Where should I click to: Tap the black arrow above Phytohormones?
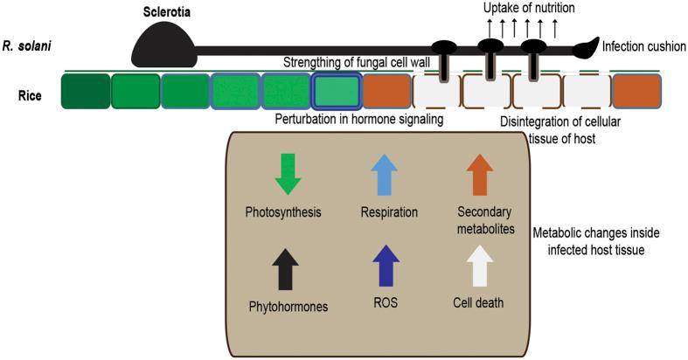tap(288, 267)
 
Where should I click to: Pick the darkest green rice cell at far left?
tap(86, 91)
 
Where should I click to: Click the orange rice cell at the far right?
tap(636, 91)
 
